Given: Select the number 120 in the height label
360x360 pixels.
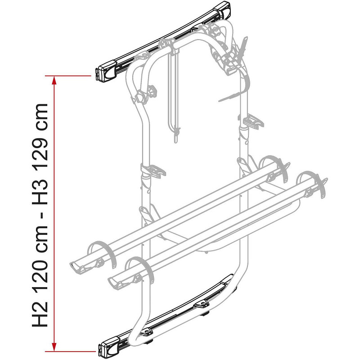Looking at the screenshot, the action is coord(40,270).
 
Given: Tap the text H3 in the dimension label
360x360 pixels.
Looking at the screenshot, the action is coord(40,192).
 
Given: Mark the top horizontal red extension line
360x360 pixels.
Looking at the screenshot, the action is coord(68,76).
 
